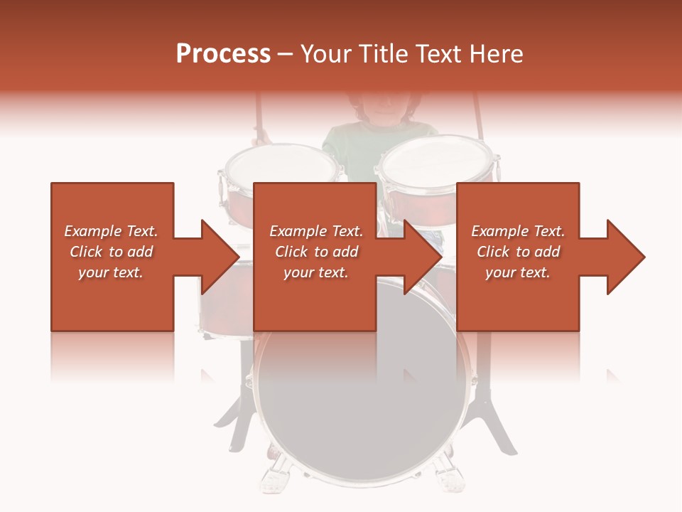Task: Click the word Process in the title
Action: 223,54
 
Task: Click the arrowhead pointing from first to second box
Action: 220,257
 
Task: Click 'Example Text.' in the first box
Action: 111,231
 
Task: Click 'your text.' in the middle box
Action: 315,272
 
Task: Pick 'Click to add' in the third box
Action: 519,252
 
